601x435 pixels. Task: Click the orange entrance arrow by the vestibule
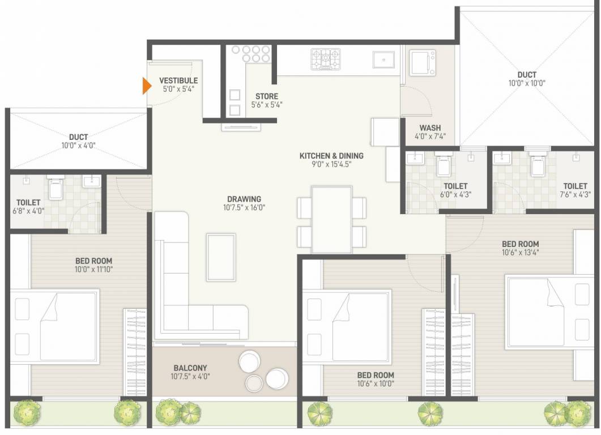pos(146,86)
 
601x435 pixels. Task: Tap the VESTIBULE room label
pos(178,80)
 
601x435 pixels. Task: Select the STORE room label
pos(266,96)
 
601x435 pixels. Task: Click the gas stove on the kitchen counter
pos(326,59)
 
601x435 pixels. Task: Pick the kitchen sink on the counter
pos(384,59)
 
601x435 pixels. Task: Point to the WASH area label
pos(430,127)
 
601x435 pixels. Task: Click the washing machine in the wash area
pos(423,62)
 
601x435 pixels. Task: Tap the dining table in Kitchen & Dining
pos(332,219)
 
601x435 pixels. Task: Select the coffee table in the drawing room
pos(221,257)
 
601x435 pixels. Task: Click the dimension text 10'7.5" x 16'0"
pos(244,208)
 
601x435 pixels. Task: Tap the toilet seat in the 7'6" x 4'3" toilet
pos(536,165)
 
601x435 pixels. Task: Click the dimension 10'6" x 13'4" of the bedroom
pos(520,253)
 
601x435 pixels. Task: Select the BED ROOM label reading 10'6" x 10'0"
pos(376,375)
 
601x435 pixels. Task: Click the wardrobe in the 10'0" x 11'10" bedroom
pos(135,351)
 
